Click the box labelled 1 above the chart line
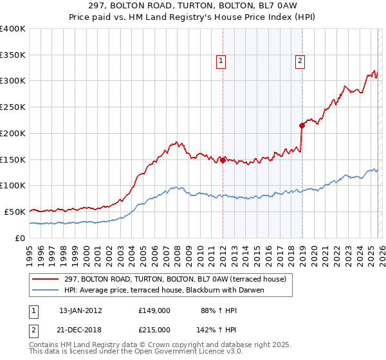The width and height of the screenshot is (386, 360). (221, 61)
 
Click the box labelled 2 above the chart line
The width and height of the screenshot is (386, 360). (300, 61)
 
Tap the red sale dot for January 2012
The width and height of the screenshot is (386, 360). (223, 161)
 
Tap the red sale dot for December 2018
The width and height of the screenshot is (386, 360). (302, 126)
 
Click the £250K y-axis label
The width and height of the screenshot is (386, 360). (13, 107)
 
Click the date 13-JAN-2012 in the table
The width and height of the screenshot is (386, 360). (80, 310)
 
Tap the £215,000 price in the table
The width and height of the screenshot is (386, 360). (154, 329)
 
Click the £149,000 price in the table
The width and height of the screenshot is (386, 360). (154, 310)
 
